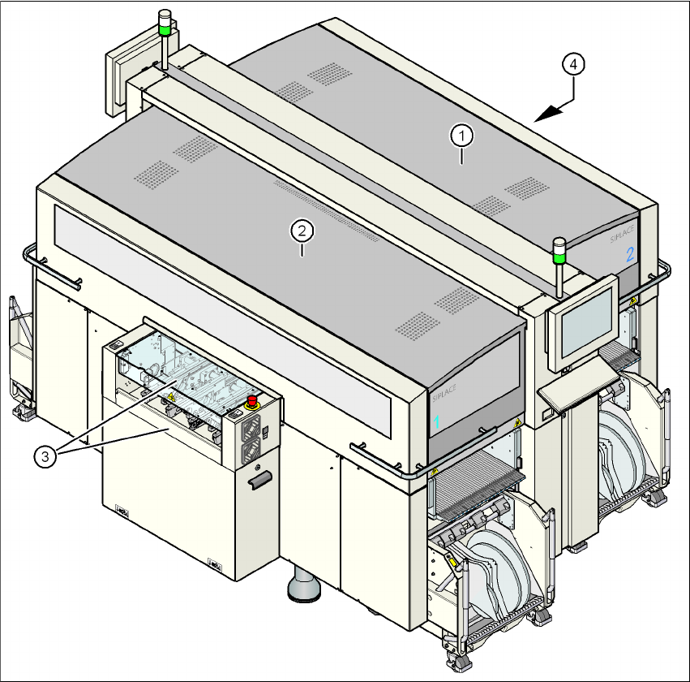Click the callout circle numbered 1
tap(461, 135)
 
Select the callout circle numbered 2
tap(302, 231)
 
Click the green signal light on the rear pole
tap(165, 30)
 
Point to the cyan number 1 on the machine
tap(435, 422)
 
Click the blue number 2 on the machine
tap(628, 253)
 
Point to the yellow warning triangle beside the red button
tap(172, 399)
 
